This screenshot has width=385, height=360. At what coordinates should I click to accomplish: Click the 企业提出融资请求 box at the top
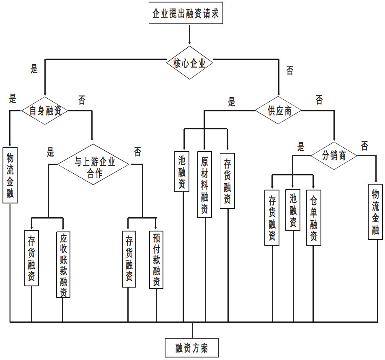(x=185, y=13)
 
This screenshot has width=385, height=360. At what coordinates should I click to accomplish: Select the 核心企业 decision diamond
(x=190, y=64)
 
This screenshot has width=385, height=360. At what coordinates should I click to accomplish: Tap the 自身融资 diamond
(x=45, y=111)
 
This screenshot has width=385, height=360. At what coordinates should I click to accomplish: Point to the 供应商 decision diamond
(x=279, y=111)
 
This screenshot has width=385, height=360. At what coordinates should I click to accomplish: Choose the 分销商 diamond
(x=334, y=156)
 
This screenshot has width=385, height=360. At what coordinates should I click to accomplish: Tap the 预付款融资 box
(x=156, y=259)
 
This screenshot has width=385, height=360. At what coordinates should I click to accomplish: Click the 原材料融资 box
(x=204, y=184)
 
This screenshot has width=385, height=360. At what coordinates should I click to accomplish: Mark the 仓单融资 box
(x=314, y=217)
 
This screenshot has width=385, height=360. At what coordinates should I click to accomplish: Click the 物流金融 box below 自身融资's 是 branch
(x=10, y=175)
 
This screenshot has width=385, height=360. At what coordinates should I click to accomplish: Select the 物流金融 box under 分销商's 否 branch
(x=375, y=211)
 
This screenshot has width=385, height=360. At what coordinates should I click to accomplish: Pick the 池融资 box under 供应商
(x=182, y=171)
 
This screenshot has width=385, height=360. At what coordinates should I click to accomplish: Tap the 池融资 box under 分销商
(x=293, y=210)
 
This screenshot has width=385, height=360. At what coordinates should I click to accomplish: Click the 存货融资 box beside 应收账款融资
(x=31, y=258)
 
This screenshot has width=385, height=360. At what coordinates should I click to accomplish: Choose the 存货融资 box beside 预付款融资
(x=129, y=259)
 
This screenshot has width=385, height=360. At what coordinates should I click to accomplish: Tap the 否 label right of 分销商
(x=364, y=146)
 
